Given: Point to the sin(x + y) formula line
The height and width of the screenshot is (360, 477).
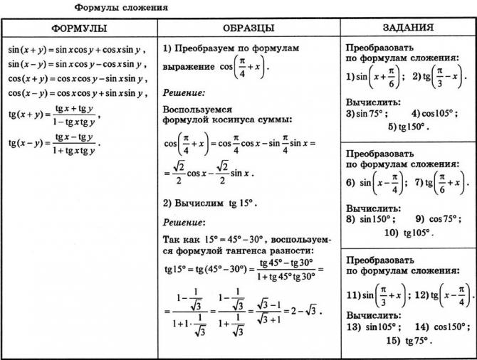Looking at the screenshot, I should (x=76, y=51).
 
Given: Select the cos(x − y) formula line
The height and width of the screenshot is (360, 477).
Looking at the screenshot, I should (x=77, y=93).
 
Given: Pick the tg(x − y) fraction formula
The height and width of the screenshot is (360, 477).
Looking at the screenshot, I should (x=54, y=142).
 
